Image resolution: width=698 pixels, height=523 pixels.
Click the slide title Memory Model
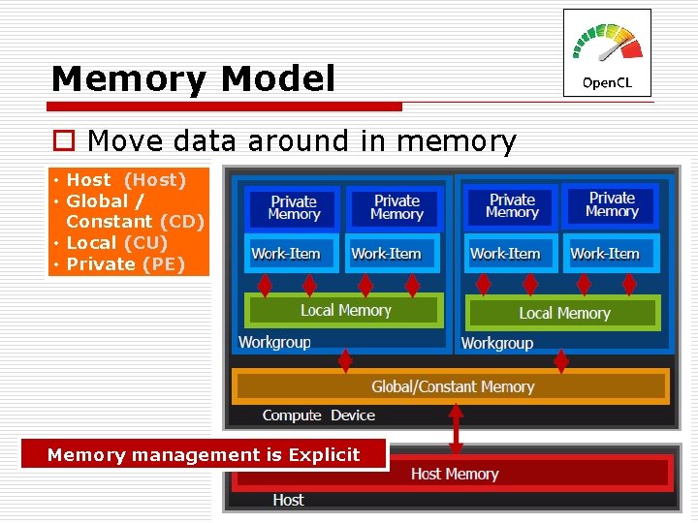193,78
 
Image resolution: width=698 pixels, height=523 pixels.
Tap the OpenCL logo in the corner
607,53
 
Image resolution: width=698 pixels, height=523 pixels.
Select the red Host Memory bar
454,474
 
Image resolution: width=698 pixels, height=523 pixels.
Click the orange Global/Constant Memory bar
452,386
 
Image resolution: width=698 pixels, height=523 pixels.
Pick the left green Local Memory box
345,311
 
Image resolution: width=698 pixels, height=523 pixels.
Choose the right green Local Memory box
564,313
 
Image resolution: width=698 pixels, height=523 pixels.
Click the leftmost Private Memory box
294,207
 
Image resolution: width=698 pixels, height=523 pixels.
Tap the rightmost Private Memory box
612,205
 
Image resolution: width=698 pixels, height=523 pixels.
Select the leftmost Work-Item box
286,254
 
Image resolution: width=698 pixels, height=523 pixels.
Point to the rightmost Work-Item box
605,254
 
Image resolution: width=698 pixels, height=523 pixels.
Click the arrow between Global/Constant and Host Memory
456,427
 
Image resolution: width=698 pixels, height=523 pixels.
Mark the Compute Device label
318,415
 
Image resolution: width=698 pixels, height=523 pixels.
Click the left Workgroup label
274,342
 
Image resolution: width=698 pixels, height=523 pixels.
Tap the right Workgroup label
496,343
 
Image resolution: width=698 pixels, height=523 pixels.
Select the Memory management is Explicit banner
204,455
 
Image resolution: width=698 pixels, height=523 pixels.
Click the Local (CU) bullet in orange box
116,243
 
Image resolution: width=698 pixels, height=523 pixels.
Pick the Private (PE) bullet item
125,264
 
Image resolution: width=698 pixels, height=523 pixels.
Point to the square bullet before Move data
63,141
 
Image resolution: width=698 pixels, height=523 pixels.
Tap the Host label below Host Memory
288,500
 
